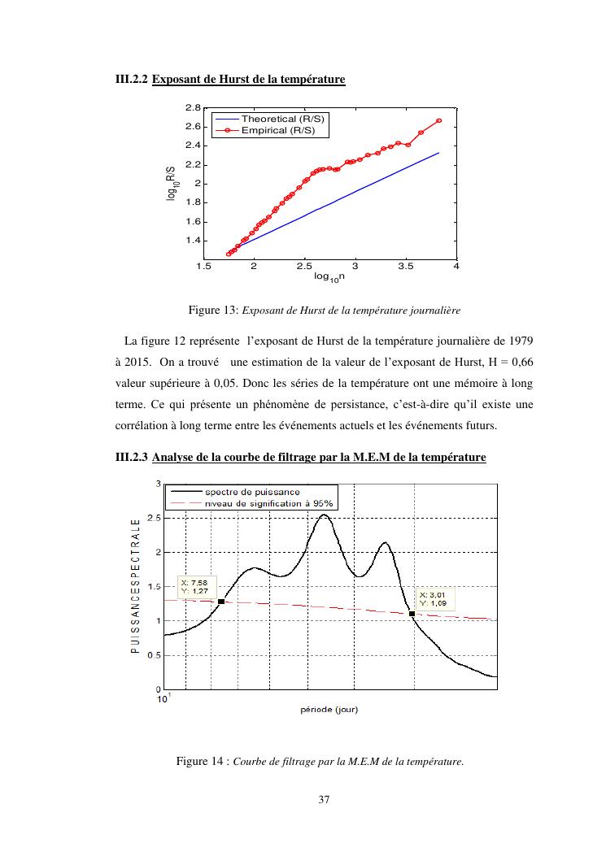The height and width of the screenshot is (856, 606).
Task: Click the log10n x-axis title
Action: tap(329, 277)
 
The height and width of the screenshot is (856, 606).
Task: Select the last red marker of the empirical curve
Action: tap(438, 120)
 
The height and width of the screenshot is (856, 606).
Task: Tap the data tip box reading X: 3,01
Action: tap(435, 599)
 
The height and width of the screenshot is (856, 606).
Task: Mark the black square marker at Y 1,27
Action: tap(221, 602)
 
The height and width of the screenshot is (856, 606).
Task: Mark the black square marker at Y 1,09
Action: tap(412, 614)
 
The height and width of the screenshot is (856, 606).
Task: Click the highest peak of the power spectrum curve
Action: tap(324, 515)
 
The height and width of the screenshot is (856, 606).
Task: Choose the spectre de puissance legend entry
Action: tap(252, 492)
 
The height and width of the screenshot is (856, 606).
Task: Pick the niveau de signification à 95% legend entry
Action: tap(268, 503)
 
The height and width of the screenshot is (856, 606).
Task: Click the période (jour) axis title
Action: tap(329, 710)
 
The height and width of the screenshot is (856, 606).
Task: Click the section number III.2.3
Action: tap(130, 458)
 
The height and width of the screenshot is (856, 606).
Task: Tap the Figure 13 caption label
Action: tap(211, 310)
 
